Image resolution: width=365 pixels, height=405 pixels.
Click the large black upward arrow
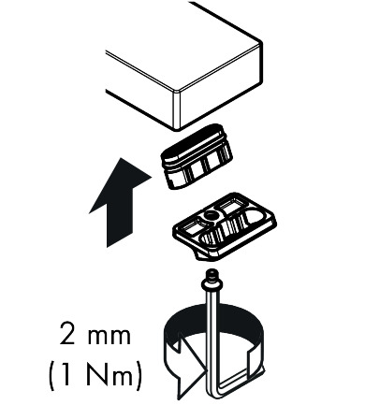120,203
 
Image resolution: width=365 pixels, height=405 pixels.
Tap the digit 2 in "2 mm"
67,333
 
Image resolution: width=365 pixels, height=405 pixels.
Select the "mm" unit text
109,337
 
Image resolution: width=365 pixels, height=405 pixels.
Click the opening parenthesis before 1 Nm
52,375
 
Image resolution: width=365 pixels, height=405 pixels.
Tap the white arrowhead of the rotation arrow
190,365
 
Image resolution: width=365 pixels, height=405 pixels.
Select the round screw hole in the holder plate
210,216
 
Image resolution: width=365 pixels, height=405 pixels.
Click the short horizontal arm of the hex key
234,384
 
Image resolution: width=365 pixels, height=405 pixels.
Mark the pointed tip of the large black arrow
120,158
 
